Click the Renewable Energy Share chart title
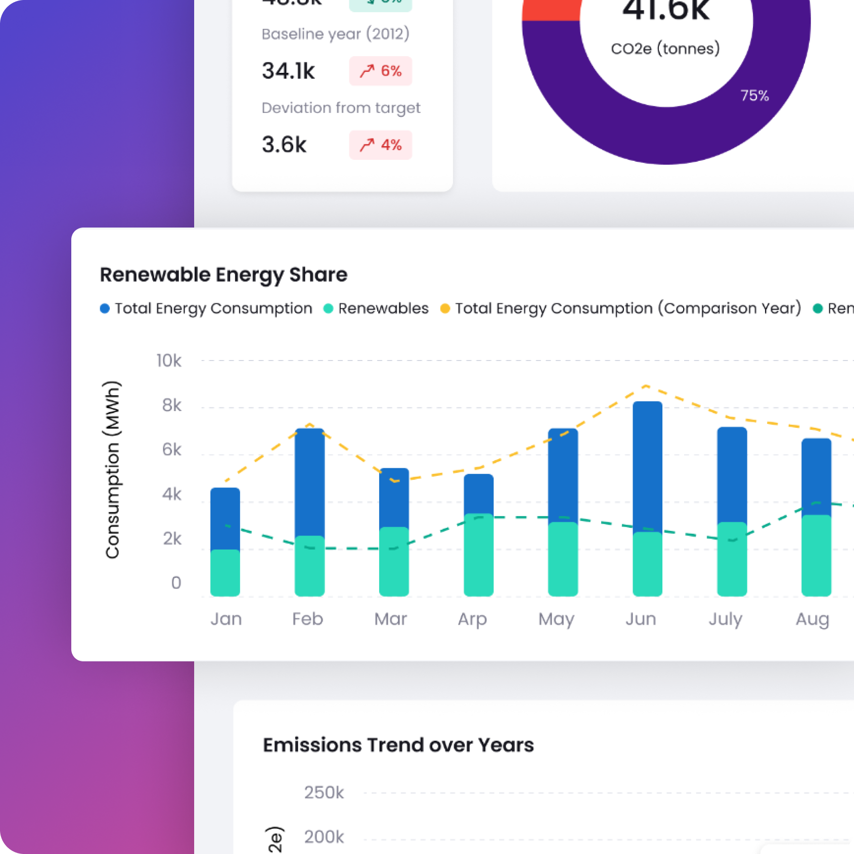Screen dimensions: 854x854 coord(223,275)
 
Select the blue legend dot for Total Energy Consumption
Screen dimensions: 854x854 coord(105,308)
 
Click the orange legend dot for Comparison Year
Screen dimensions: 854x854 coord(445,308)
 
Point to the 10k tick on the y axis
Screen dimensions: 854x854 coord(169,361)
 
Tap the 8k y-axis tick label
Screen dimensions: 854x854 coord(171,405)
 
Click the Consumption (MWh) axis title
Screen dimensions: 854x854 coord(112,470)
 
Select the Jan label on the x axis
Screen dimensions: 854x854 coord(226,618)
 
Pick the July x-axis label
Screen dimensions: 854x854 coord(725,618)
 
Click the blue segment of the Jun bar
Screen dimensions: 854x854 coord(647,465)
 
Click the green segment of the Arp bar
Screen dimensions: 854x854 coord(478,556)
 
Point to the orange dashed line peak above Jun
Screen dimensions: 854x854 coord(646,386)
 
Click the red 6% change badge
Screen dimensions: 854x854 coord(380,71)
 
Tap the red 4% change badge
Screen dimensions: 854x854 coord(380,145)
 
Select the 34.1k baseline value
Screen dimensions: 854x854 coord(288,71)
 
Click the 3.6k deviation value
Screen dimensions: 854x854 coord(284,145)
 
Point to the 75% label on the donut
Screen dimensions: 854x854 coord(754,96)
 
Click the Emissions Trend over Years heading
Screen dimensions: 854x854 coord(398,745)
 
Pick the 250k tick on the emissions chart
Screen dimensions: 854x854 coord(324,792)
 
